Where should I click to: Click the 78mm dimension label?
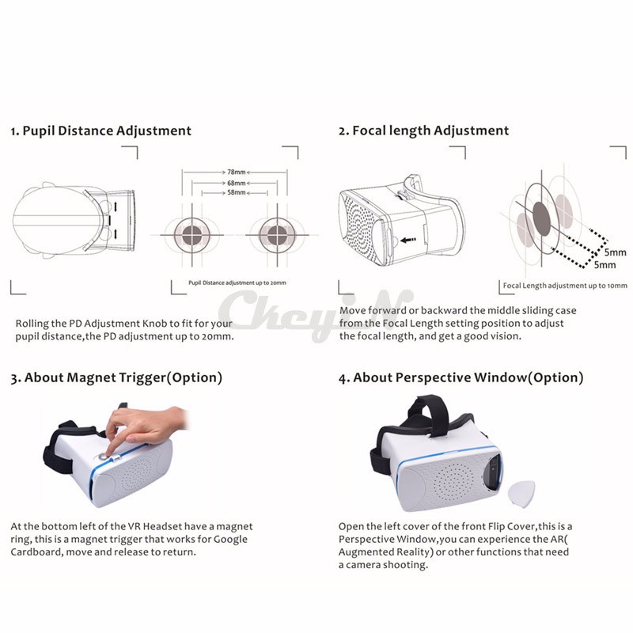coord(236,172)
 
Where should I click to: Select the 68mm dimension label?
coord(236,183)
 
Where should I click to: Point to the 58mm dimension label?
coord(236,192)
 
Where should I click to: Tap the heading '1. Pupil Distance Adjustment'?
coord(101,131)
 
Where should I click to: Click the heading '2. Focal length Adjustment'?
coord(423,131)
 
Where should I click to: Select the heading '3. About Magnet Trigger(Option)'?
coord(116,378)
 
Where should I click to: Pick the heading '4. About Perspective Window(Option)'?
coord(461,378)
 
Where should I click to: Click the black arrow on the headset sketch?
coord(408,241)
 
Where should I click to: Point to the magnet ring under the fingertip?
coord(103,457)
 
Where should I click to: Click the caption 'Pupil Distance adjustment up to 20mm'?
coord(237,283)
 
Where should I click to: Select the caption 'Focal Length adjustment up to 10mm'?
coord(565,286)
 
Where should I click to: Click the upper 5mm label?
coord(616,252)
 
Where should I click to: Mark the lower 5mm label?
coord(605,265)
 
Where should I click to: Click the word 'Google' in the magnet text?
coord(230,540)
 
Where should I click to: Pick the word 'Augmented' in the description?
coord(366,552)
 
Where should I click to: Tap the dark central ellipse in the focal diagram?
coord(541,219)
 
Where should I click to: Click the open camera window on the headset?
coord(492,472)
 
